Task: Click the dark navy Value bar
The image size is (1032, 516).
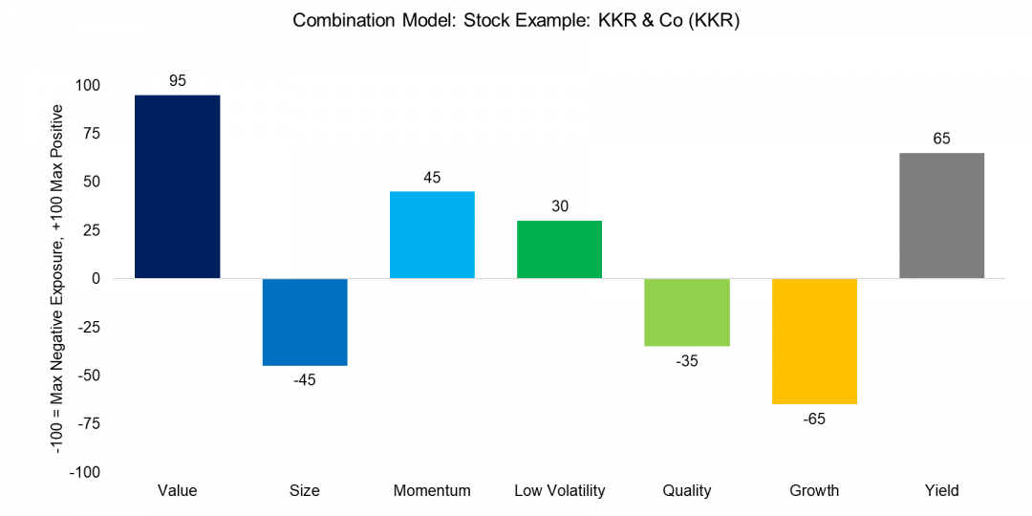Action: click(x=177, y=186)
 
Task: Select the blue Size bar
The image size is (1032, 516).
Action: click(x=305, y=322)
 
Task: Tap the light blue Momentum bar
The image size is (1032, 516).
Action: click(x=432, y=235)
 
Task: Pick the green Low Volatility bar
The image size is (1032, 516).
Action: click(x=559, y=249)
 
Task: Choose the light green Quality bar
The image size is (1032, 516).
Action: click(x=687, y=312)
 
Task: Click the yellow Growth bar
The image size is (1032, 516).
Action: click(x=814, y=341)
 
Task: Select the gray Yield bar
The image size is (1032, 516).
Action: click(x=941, y=215)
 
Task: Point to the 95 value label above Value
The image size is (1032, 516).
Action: click(x=177, y=80)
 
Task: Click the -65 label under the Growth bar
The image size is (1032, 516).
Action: click(x=814, y=419)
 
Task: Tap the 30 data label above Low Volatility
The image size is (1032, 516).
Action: click(x=559, y=206)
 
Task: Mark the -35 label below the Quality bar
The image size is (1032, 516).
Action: click(x=687, y=361)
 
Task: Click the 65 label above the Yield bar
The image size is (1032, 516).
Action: click(x=941, y=139)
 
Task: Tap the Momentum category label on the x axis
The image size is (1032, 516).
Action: click(x=432, y=491)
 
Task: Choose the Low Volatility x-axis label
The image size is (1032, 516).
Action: click(x=559, y=491)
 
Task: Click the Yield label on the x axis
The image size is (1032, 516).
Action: click(x=941, y=491)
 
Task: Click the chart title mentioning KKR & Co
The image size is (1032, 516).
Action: click(x=516, y=21)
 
